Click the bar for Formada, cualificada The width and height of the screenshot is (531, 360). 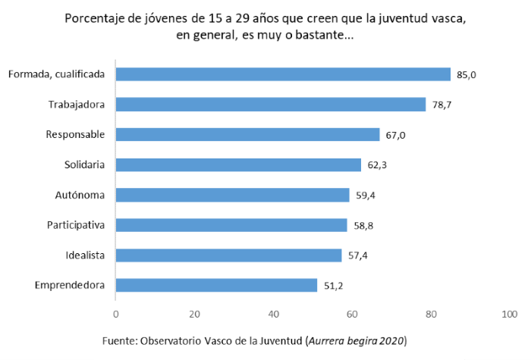click(283, 74)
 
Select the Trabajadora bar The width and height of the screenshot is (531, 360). click(271, 105)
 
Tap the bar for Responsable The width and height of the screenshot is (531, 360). click(247, 134)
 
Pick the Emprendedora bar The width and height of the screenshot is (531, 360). click(216, 285)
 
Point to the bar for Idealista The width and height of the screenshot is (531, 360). click(228, 255)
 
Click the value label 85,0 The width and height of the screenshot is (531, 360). click(465, 74)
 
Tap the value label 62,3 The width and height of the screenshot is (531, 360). click(376, 164)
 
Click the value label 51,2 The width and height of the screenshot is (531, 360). click(332, 286)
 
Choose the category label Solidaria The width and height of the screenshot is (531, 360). click(85, 164)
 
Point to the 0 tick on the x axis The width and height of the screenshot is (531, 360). click(115, 314)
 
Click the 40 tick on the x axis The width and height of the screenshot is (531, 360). click(273, 314)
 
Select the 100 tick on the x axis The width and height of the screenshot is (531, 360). click(509, 314)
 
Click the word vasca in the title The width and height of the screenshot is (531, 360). click(447, 18)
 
